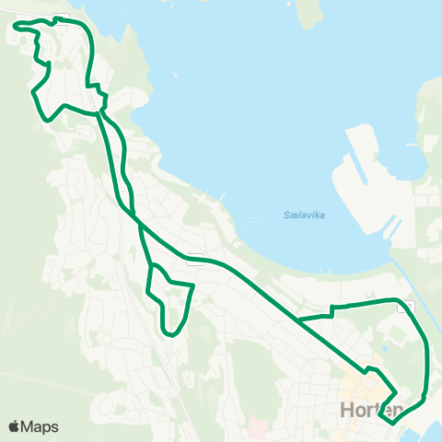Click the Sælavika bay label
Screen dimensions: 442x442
click(305, 215)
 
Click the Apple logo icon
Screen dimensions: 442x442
click(15, 426)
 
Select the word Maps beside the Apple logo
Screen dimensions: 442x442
click(40, 426)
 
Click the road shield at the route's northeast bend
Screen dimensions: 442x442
click(405, 308)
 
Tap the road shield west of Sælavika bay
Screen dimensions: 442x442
click(193, 261)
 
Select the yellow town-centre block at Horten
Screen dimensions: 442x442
click(355, 388)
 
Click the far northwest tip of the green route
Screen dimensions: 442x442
click(16, 28)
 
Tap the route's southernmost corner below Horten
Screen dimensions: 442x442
click(391, 424)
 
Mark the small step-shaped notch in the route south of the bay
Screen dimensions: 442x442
click(331, 310)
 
